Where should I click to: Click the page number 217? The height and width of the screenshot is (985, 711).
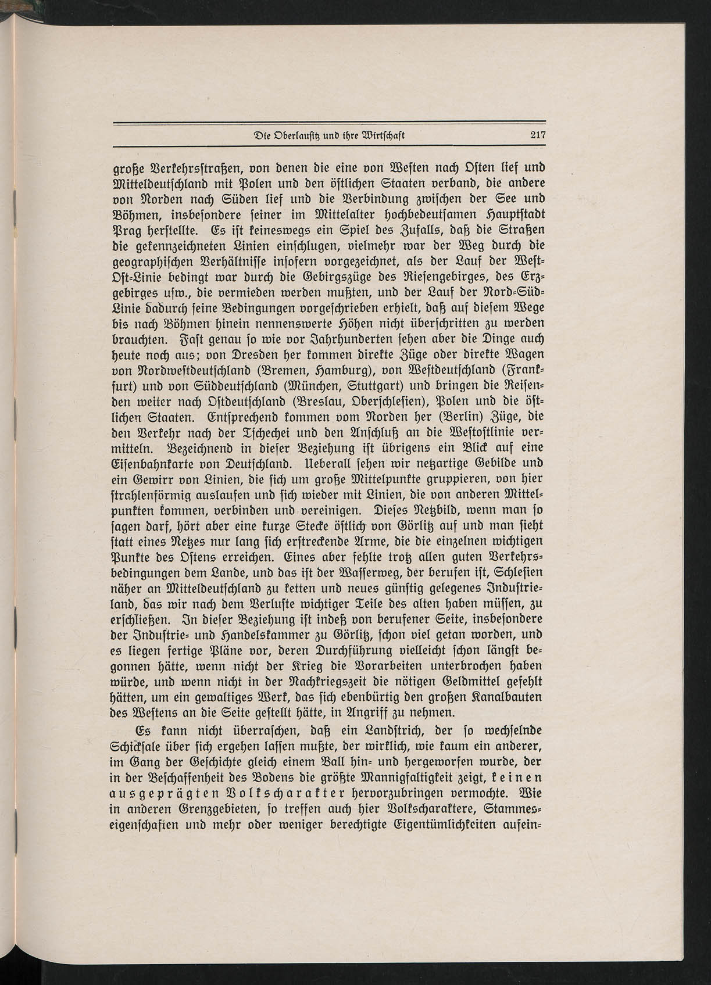pos(538,135)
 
